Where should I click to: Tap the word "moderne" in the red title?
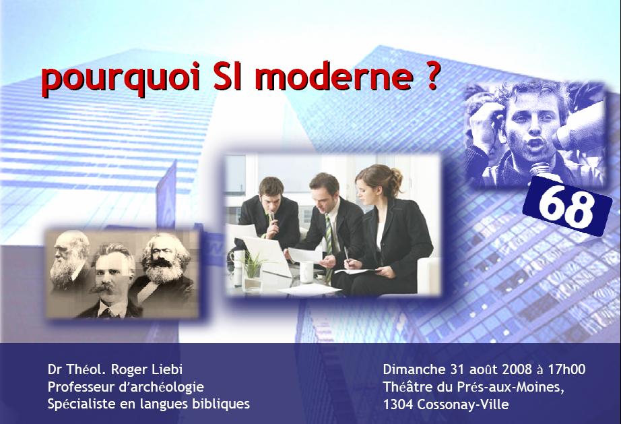coord(337,75)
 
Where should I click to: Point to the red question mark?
coord(432,75)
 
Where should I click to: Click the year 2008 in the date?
coord(517,369)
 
